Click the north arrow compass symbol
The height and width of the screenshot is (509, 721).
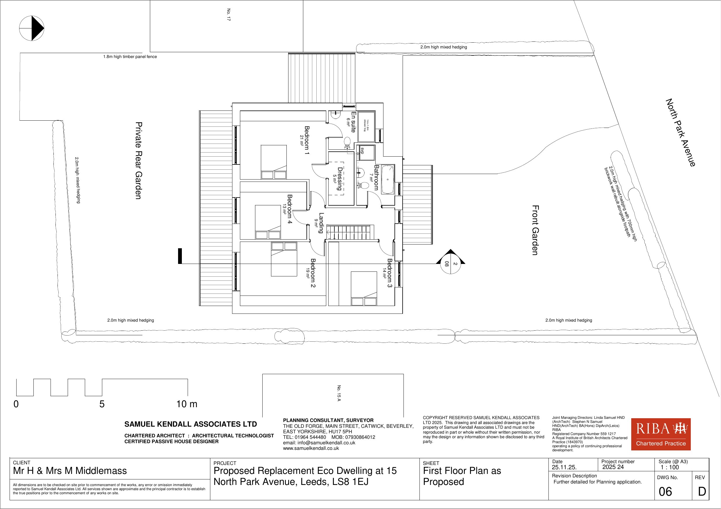[x=32, y=28]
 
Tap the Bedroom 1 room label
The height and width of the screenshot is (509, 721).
[x=307, y=140]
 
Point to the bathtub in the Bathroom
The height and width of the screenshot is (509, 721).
[x=388, y=180]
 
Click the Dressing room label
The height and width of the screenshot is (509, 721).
[x=340, y=179]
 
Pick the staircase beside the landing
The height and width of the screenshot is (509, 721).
[x=350, y=232]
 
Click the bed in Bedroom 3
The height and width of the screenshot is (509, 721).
[x=364, y=289]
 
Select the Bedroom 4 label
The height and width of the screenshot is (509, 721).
[x=290, y=209]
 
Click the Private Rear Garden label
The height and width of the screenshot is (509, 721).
[x=139, y=161]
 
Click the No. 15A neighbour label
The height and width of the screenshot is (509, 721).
[x=339, y=393]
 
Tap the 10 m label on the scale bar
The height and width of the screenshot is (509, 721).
[x=187, y=404]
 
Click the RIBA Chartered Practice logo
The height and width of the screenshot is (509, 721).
[x=661, y=434]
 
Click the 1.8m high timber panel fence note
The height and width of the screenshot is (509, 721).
[x=130, y=57]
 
